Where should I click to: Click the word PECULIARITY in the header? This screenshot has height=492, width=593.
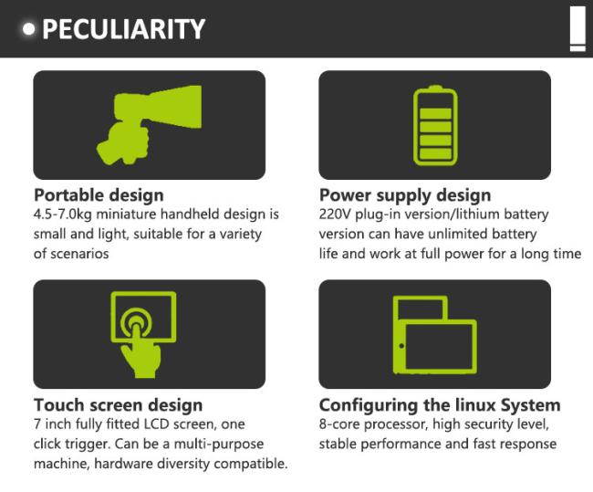click(124, 29)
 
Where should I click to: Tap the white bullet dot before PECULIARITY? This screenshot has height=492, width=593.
click(29, 29)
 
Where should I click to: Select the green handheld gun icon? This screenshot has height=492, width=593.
click(149, 125)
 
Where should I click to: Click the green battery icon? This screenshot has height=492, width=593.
click(435, 126)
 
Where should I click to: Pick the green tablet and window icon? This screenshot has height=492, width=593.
click(435, 335)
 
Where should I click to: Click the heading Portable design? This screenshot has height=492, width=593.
click(99, 195)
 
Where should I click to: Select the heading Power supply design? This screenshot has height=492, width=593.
click(405, 195)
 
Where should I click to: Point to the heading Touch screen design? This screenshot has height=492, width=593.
click(119, 405)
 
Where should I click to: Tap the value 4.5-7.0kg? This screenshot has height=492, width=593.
click(63, 215)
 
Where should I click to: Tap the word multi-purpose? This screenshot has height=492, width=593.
click(218, 444)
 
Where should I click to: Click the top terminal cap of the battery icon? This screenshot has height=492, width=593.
click(435, 88)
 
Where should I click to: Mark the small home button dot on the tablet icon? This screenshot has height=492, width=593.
click(401, 346)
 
